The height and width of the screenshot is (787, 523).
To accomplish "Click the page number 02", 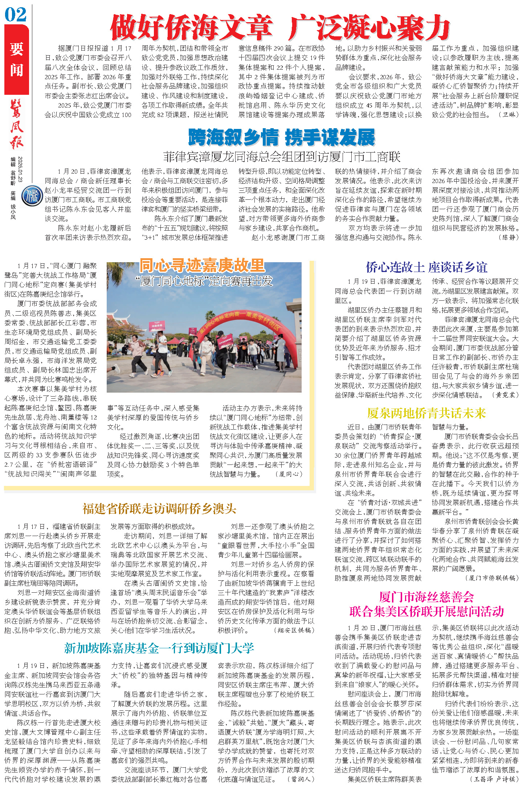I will [16, 15].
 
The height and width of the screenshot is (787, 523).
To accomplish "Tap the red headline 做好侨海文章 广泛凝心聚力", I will [280, 28].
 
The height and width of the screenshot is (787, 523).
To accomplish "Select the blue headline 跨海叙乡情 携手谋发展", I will [281, 138].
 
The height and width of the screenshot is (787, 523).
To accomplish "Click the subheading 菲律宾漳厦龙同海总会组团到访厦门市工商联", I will [282, 157].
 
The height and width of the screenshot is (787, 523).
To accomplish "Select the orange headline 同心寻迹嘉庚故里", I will [202, 265].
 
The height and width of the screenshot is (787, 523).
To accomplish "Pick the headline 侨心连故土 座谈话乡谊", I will [426, 267].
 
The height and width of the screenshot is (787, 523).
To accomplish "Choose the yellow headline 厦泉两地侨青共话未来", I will [426, 413].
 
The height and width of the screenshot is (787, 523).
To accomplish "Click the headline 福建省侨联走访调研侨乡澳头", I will [159, 509].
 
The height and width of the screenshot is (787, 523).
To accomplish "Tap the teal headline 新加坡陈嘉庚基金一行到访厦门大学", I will [159, 648].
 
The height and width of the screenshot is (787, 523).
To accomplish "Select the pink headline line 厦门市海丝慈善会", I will [426, 597].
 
